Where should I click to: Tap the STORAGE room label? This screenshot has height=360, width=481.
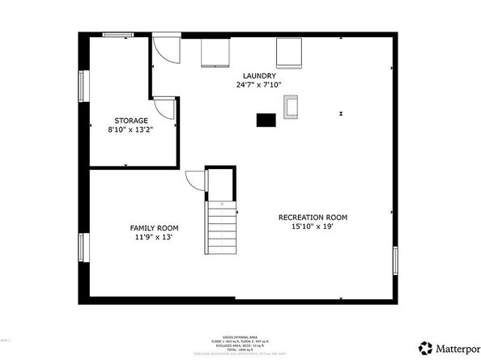pyautogui.click(x=130, y=121)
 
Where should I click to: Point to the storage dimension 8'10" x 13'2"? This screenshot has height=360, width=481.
pyautogui.click(x=130, y=129)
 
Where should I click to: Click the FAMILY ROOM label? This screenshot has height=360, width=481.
pyautogui.click(x=154, y=228)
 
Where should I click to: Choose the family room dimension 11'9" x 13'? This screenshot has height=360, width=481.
pyautogui.click(x=154, y=238)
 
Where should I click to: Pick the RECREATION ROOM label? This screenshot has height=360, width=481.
pyautogui.click(x=313, y=217)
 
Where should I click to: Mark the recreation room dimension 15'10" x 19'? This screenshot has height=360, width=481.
pyautogui.click(x=313, y=227)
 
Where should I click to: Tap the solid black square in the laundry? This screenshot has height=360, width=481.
pyautogui.click(x=265, y=120)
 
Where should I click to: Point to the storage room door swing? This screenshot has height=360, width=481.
pyautogui.click(x=164, y=108)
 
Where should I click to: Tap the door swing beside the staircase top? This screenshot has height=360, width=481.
pyautogui.click(x=195, y=183)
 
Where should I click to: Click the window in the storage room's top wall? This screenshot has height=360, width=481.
pyautogui.click(x=119, y=34)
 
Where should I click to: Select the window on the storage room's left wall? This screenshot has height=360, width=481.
pyautogui.click(x=81, y=84)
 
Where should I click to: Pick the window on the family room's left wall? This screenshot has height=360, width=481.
pyautogui.click(x=81, y=248)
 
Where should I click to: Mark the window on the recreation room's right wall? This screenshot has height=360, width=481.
pyautogui.click(x=395, y=262)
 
